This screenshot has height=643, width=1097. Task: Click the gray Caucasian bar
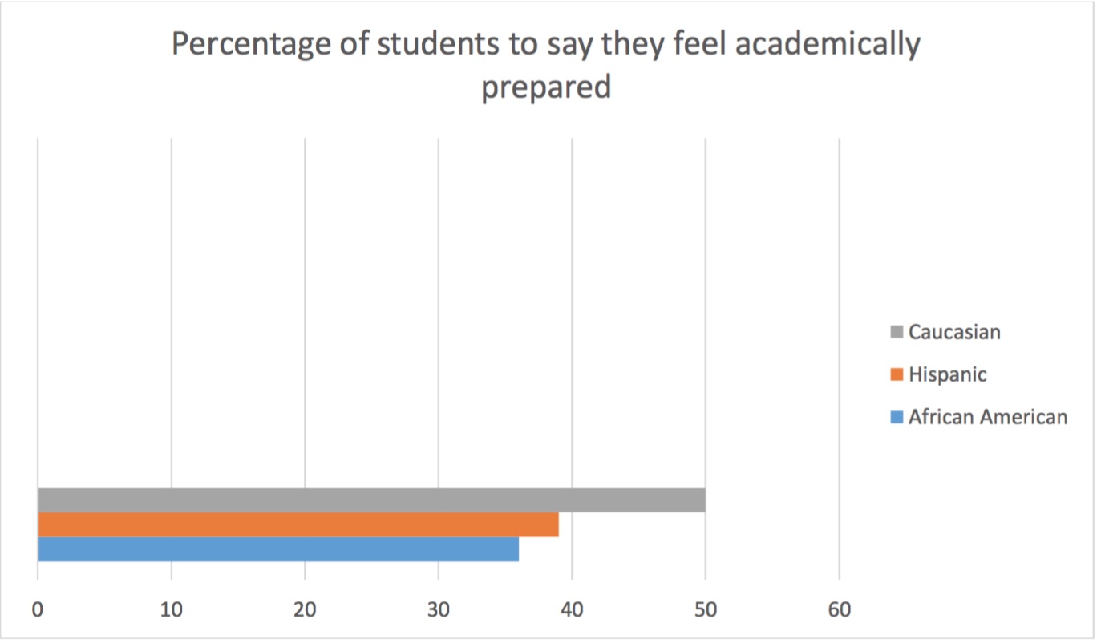tap(371, 499)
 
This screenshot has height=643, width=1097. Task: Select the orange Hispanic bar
tap(298, 524)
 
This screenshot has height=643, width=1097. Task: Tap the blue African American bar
tap(277, 549)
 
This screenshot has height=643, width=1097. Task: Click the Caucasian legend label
tap(954, 331)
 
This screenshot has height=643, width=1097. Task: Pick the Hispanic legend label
tap(947, 374)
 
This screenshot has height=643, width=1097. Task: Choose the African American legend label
tap(988, 417)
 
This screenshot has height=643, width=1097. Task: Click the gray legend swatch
tap(897, 331)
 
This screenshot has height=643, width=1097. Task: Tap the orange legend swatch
tap(897, 374)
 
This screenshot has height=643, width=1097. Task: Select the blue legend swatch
tap(897, 417)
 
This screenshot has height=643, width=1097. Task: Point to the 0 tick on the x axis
tap(38, 610)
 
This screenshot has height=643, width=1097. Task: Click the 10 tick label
tap(172, 610)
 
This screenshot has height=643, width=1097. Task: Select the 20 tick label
tap(305, 610)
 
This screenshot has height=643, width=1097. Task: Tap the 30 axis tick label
tap(438, 610)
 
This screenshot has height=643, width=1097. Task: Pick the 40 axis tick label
tap(572, 610)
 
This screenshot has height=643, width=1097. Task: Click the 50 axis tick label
tap(705, 610)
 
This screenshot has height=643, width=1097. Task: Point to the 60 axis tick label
tap(839, 610)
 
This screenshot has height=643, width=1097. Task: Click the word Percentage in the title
tap(241, 45)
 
